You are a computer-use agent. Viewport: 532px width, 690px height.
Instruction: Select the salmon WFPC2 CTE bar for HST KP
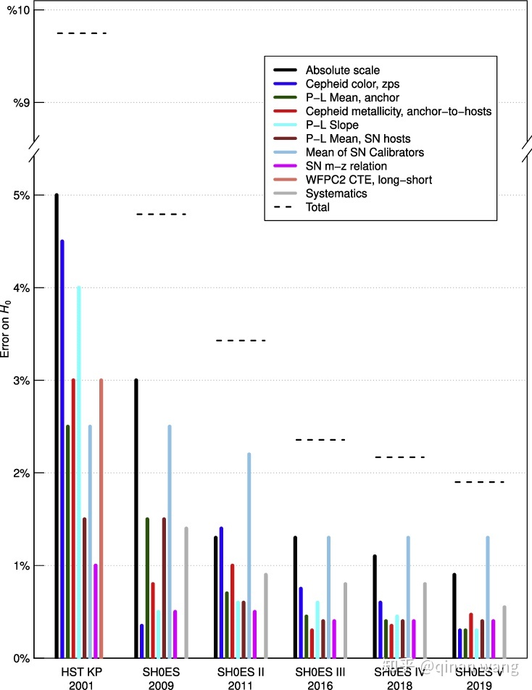click(101, 518)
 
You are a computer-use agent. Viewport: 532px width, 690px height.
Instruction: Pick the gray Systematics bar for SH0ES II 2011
click(265, 616)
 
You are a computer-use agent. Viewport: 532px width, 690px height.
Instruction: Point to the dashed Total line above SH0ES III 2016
click(321, 440)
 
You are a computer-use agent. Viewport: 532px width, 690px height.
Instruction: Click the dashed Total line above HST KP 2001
click(82, 33)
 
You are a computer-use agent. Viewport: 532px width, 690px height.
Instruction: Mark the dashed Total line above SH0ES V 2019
click(479, 482)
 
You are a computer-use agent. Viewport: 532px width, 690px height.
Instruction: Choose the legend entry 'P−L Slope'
click(332, 125)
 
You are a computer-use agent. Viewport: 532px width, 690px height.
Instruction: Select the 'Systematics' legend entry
click(336, 194)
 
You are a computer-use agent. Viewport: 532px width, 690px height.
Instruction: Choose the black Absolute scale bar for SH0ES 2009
click(136, 518)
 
